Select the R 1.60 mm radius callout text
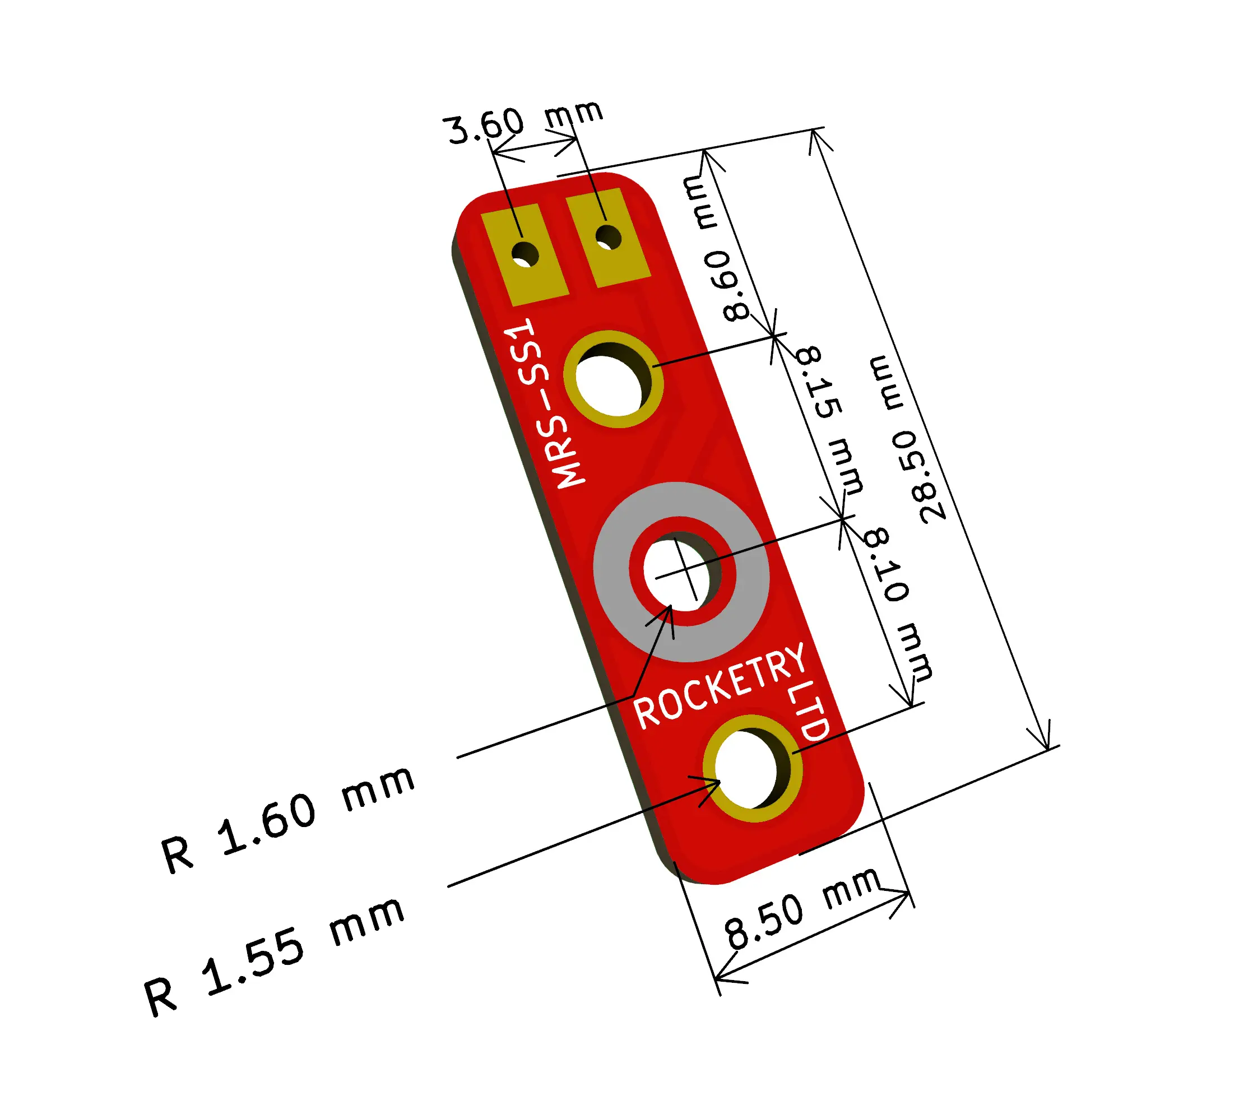287,820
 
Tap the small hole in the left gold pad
525,254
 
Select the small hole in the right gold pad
608,238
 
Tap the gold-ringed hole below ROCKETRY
752,769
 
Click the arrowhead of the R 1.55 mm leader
719,781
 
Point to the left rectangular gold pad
525,254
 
